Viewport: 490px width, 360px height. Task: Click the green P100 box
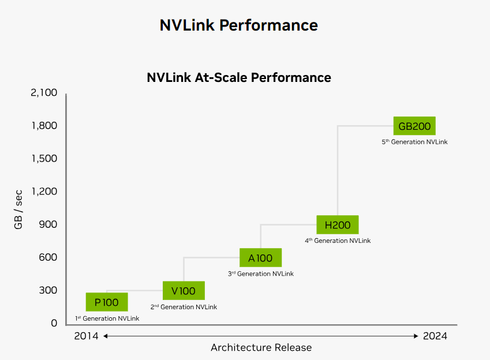coord(107,302)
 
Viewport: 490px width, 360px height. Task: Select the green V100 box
coord(184,291)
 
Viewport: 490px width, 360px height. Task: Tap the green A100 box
coord(260,257)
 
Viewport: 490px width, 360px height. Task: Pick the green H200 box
coord(338,224)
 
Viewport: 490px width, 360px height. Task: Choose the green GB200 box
coord(414,126)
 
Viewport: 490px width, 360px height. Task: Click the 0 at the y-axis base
coord(54,323)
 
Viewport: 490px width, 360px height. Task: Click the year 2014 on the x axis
coord(87,336)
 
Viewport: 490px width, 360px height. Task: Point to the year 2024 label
coord(435,336)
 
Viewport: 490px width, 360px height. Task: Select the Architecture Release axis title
coord(261,347)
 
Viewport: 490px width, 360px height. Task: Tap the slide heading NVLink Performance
coord(239,25)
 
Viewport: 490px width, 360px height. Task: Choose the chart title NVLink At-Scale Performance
coord(239,77)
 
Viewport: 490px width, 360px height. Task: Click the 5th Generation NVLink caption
coord(414,141)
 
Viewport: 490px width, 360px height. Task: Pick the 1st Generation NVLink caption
coord(107,318)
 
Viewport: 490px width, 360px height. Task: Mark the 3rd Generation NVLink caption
coord(260,273)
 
